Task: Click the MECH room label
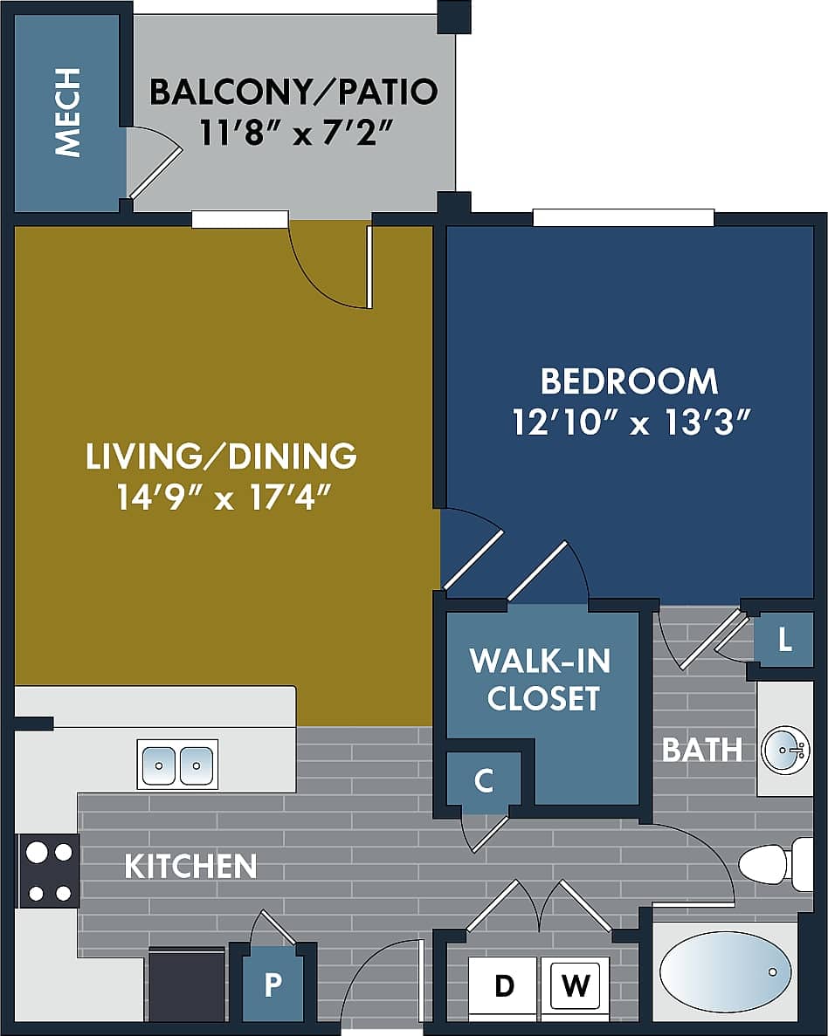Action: (x=67, y=113)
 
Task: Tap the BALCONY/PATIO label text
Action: (x=293, y=92)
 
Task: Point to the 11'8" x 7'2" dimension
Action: (x=293, y=135)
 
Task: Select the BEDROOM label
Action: (x=629, y=381)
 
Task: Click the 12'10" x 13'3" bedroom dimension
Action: (x=632, y=424)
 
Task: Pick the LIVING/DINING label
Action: (x=221, y=456)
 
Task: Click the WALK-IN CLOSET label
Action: (x=541, y=679)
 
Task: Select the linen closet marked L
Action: (x=785, y=641)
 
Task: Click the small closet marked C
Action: (x=483, y=780)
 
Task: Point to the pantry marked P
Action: (x=273, y=985)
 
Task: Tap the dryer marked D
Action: (x=504, y=986)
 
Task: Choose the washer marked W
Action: (x=575, y=986)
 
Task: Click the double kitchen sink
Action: (x=178, y=765)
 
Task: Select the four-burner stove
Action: (x=49, y=871)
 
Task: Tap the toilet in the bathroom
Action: (x=773, y=864)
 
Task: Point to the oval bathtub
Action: (x=725, y=971)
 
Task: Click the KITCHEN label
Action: (x=190, y=867)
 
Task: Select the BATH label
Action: (x=702, y=750)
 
